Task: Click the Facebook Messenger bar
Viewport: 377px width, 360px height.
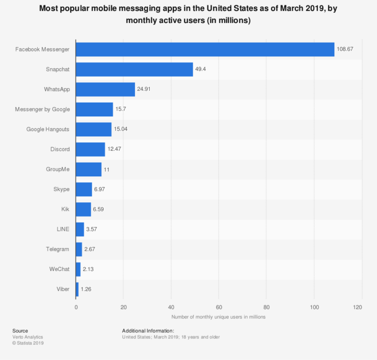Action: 205,50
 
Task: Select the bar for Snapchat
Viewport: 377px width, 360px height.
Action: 134,69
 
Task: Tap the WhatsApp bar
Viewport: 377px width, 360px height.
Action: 105,89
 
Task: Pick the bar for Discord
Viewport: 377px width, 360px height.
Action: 90,149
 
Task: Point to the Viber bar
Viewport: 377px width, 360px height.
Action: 77,289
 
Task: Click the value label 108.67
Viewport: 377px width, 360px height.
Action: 345,50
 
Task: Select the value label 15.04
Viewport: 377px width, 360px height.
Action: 122,129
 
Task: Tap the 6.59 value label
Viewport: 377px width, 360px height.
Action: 100,209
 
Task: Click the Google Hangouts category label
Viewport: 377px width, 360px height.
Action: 48,129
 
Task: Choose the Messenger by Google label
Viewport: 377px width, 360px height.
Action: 43,109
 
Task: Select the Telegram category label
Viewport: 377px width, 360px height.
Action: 58,249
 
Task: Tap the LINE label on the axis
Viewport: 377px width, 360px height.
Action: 62,229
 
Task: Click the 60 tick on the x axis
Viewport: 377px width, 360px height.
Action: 218,307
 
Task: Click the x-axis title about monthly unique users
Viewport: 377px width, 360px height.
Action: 218,317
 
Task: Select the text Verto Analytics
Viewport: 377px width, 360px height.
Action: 27,337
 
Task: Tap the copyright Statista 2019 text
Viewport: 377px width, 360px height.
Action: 28,343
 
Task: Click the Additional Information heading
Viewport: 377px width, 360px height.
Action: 148,331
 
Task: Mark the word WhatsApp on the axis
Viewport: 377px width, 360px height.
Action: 57,89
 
